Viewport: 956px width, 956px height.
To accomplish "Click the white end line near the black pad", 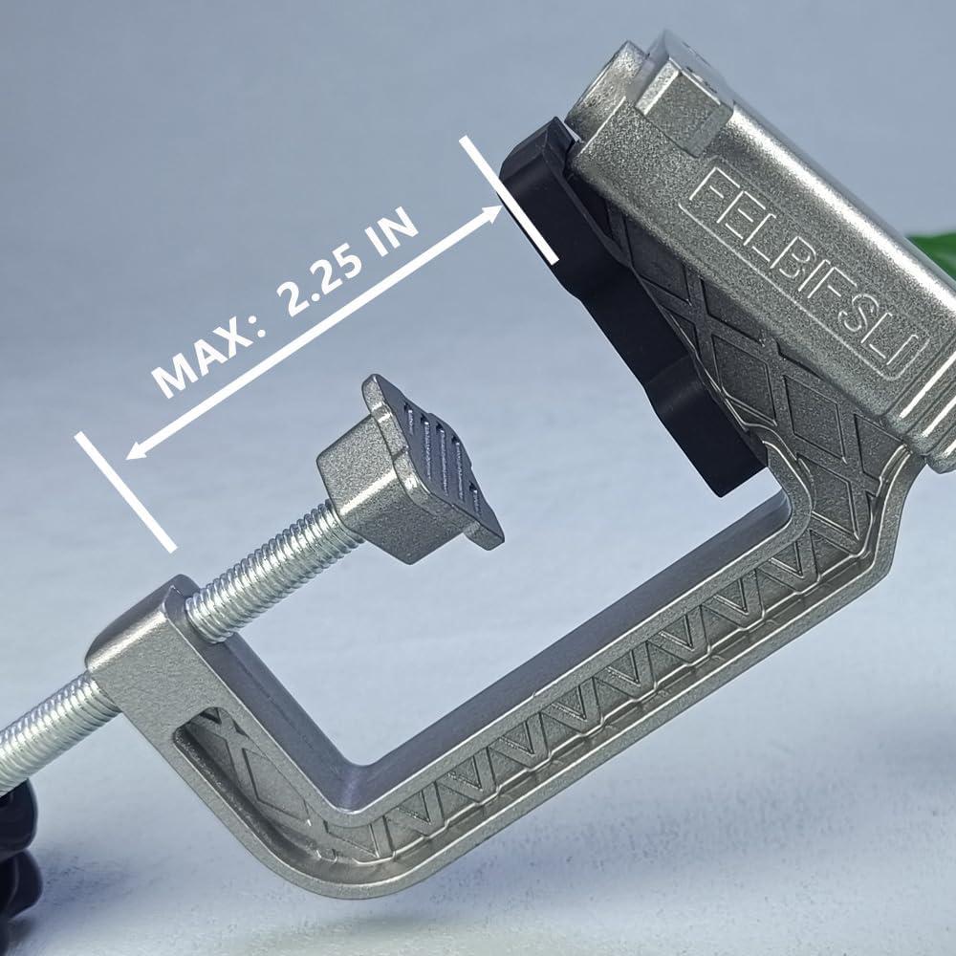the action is [509, 200].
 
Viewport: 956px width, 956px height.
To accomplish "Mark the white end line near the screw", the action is [125, 491].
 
